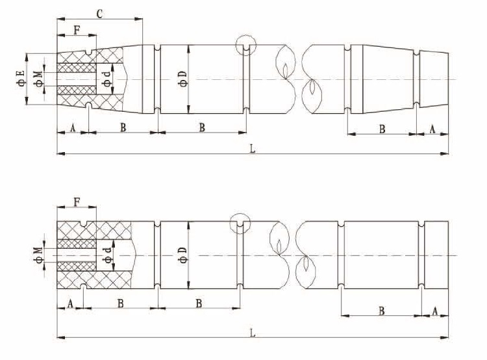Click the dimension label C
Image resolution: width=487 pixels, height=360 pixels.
click(x=99, y=14)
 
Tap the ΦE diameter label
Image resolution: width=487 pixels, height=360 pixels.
click(x=21, y=78)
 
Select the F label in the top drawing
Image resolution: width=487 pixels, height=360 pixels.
click(x=77, y=30)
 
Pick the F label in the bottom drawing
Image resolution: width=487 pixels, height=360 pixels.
click(x=77, y=202)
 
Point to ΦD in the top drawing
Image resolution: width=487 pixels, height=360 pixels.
click(x=183, y=79)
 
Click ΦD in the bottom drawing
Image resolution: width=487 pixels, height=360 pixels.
click(x=183, y=255)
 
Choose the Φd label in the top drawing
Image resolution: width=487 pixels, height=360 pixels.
click(x=107, y=79)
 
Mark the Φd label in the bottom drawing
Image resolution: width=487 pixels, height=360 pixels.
click(x=108, y=255)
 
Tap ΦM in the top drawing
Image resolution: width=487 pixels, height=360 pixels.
click(x=39, y=79)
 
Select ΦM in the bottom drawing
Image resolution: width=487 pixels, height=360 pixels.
click(x=38, y=255)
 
